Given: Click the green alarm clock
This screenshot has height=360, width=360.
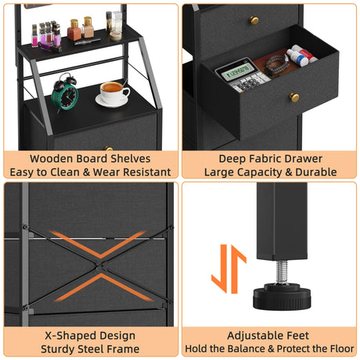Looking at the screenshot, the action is point(65,92).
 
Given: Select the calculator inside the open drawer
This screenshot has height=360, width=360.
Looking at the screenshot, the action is point(243,76).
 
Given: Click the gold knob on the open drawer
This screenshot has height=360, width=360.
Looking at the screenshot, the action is point(294,97).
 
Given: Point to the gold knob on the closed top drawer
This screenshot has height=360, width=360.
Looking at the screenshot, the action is point(254,20).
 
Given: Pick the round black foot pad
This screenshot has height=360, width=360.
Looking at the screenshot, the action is point(282,297).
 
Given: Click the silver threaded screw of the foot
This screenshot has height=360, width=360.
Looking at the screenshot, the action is point(282,272).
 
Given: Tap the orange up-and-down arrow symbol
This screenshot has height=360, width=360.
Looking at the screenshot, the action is point(229,269).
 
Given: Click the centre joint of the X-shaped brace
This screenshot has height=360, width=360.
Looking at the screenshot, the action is point(100,266).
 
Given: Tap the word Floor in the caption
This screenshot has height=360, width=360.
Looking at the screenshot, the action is point(342,348).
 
